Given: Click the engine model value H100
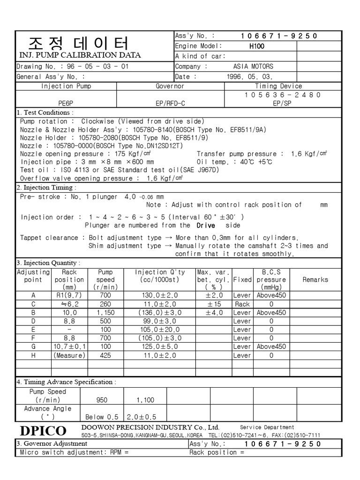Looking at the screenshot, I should [257, 46].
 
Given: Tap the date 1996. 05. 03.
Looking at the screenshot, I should [249, 76].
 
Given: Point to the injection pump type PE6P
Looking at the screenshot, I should [66, 103].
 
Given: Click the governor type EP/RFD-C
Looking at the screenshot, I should [170, 103].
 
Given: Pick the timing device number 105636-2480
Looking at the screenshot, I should [278, 95].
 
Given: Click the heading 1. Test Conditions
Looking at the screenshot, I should [45, 112].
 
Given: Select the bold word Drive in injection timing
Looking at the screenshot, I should [202, 225].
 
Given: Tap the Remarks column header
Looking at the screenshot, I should [315, 279].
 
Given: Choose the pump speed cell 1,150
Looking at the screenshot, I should [105, 313].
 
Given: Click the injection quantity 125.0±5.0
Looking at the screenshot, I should [160, 346].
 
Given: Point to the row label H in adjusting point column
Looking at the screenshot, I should [33, 355].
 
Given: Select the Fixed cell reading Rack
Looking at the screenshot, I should [242, 304].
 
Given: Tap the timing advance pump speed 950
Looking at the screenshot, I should [101, 400].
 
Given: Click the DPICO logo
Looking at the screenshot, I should [43, 431].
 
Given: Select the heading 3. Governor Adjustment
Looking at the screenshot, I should [52, 443].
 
